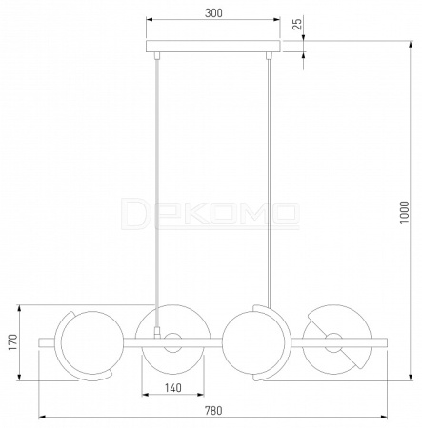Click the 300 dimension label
(x=213, y=13)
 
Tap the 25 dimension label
(x=297, y=24)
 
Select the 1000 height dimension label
(x=404, y=212)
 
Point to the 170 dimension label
(x=13, y=342)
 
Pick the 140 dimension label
(x=173, y=388)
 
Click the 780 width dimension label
(x=213, y=411)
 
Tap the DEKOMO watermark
(x=211, y=213)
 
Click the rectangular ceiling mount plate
(x=213, y=47)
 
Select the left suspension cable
(x=156, y=193)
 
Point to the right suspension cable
(x=269, y=184)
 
